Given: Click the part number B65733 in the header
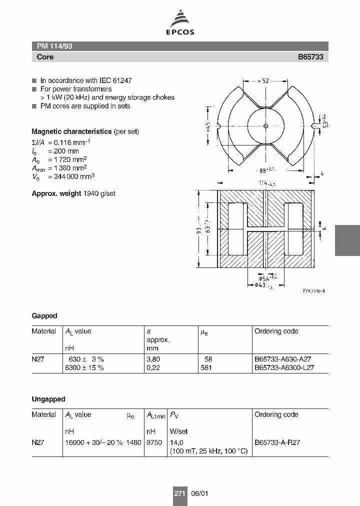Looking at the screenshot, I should point(310,57).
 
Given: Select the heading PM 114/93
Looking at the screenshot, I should point(55,46).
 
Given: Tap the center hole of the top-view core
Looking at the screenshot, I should point(265,125).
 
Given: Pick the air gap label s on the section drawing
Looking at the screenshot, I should point(323,228).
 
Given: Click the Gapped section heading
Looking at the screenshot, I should point(44,316).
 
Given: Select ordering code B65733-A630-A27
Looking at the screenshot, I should point(284,359).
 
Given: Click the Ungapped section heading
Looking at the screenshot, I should point(48,399).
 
